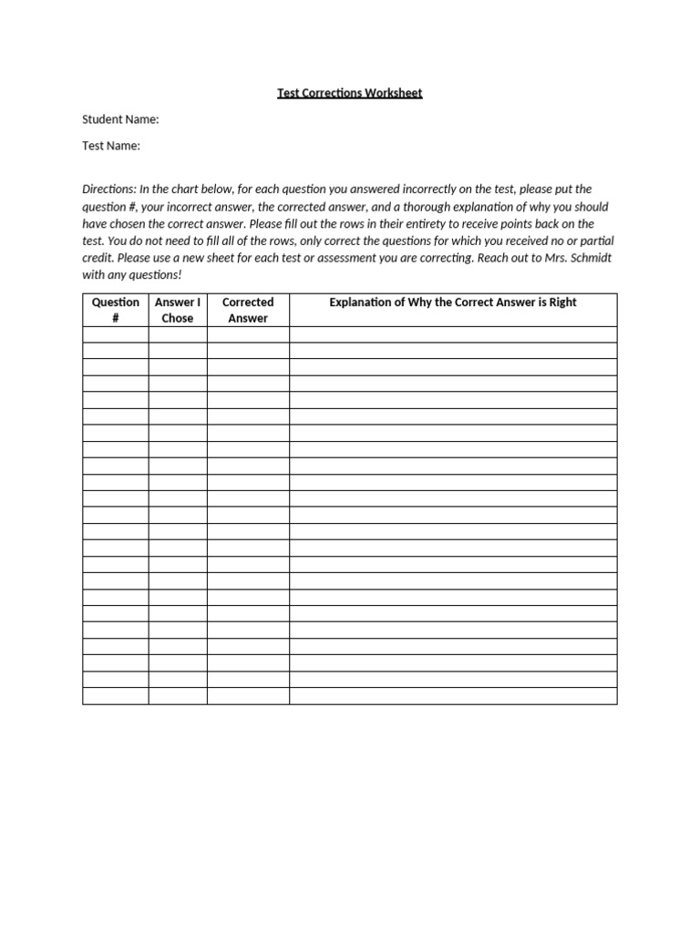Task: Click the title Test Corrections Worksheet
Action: (x=350, y=93)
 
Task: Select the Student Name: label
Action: (x=120, y=119)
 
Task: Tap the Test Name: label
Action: (x=111, y=146)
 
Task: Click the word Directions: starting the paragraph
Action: (x=109, y=190)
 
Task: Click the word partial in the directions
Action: (x=595, y=241)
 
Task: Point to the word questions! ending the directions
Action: (x=154, y=275)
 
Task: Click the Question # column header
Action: (x=116, y=310)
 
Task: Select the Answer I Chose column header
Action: (x=178, y=310)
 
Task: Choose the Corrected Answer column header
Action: (x=248, y=310)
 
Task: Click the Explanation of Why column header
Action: (x=452, y=302)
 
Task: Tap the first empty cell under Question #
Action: (x=116, y=334)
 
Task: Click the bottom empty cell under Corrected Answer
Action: (x=248, y=696)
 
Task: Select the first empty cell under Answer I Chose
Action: (x=178, y=334)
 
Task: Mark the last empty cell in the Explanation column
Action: (x=452, y=696)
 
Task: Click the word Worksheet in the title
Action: (x=394, y=93)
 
